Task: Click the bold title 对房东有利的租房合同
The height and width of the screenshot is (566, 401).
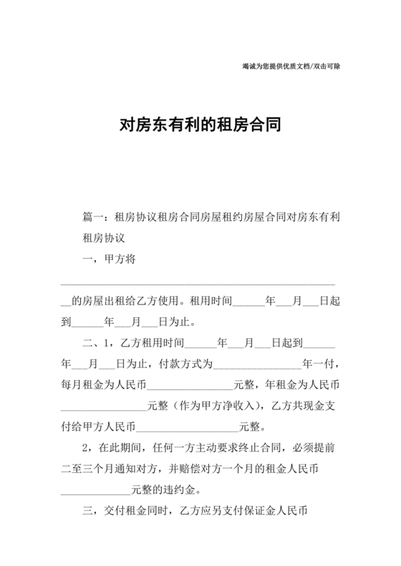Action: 200,126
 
